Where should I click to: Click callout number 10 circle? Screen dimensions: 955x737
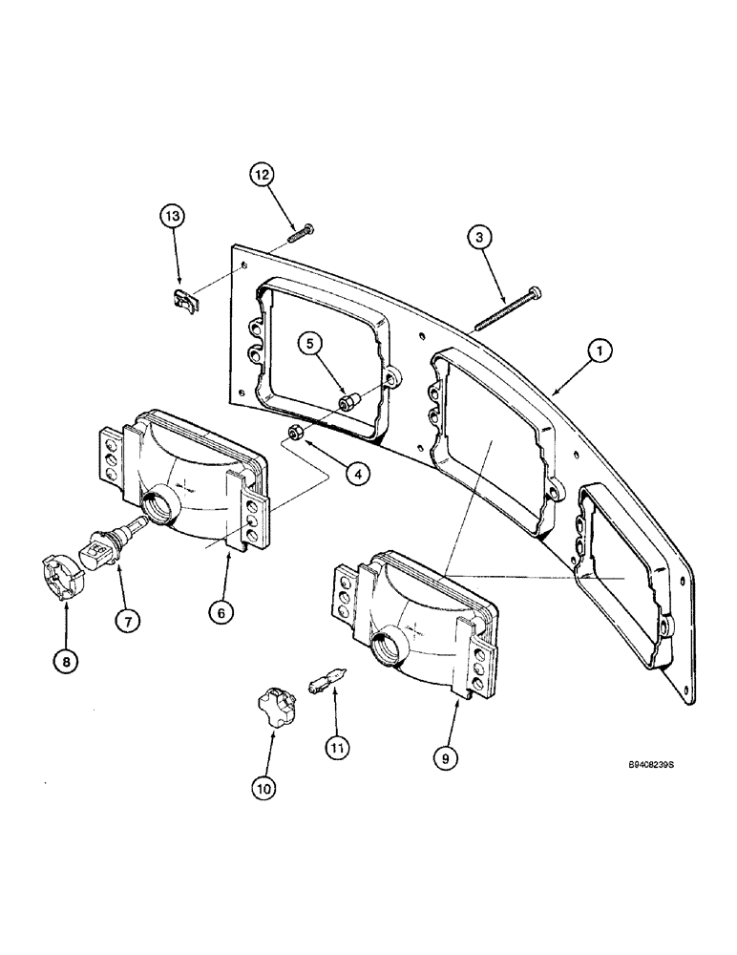[263, 788]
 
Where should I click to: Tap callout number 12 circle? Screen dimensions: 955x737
[262, 175]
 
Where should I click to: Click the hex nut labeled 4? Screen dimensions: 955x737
[296, 435]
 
